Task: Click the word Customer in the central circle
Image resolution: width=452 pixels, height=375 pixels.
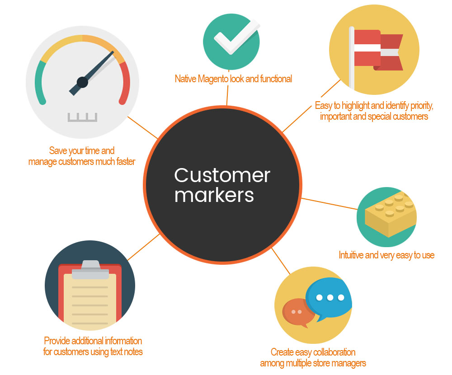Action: [x=222, y=175]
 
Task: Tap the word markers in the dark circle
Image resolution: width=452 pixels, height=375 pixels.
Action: [x=214, y=195]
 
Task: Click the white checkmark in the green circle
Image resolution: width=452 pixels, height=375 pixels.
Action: [x=237, y=36]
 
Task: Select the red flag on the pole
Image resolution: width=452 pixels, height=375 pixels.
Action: [x=378, y=50]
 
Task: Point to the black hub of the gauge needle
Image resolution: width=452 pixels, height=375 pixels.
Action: [x=82, y=82]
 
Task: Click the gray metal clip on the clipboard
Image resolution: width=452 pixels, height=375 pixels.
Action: [x=90, y=270]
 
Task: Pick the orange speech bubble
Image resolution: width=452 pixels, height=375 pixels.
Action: [x=298, y=313]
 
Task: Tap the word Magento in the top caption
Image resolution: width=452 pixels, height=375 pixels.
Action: [x=213, y=79]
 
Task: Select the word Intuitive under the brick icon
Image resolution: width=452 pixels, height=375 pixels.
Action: [x=351, y=255]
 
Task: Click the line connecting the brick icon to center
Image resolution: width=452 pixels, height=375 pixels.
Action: [x=329, y=204]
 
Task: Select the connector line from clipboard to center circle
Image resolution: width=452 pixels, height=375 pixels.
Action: [x=144, y=247]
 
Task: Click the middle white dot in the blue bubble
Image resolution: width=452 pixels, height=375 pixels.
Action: [x=330, y=297]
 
